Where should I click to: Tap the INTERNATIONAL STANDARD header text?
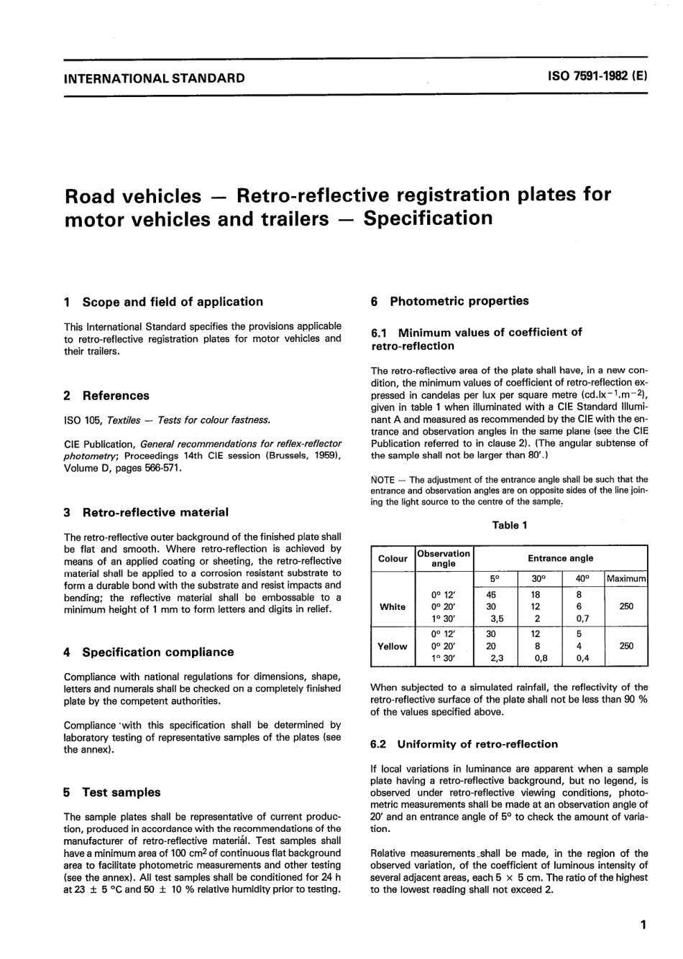154,78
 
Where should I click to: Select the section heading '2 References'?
106,396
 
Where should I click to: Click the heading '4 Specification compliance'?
149,652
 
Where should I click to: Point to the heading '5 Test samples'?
112,792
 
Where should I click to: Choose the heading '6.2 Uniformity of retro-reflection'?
464,744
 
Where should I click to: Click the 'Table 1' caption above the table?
510,525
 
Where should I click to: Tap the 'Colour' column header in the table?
393,558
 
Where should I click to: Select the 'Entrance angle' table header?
561,558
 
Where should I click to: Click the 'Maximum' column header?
626,578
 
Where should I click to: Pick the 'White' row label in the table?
393,607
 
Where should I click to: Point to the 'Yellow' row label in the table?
393,646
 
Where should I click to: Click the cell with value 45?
492,595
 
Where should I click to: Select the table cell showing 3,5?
492,619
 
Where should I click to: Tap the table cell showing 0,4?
583,658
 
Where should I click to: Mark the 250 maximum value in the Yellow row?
626,646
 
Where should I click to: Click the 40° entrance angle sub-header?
582,578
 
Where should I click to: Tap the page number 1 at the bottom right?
643,925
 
